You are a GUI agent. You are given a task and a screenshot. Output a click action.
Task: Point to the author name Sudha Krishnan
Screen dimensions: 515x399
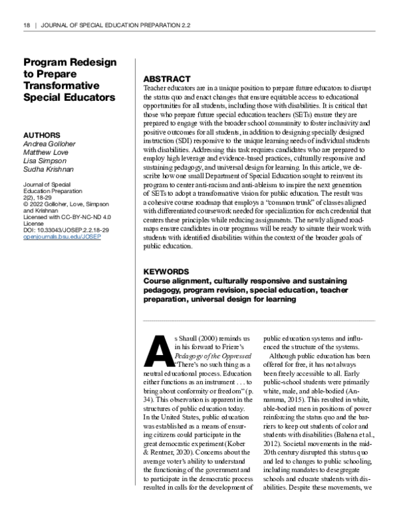click(x=45, y=169)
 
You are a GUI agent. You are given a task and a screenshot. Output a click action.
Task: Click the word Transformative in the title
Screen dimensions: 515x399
click(x=61, y=86)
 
